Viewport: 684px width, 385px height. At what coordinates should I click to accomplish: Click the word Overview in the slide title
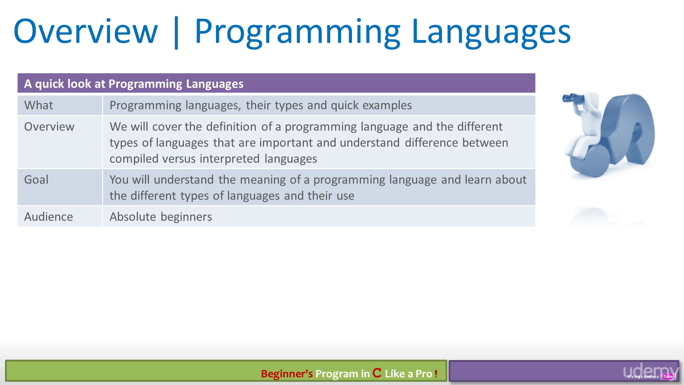point(85,31)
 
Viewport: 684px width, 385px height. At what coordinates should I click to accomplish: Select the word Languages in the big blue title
point(491,33)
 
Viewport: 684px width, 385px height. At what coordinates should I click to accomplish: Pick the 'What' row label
point(38,105)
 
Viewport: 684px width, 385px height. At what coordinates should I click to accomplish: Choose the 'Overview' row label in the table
point(49,127)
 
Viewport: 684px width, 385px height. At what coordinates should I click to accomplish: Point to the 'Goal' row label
point(36,179)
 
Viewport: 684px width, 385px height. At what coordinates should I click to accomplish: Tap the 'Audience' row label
point(48,217)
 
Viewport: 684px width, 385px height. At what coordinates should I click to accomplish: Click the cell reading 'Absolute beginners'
point(161,217)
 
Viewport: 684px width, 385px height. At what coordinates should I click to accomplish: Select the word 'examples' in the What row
point(387,106)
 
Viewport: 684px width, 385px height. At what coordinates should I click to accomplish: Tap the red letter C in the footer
point(377,373)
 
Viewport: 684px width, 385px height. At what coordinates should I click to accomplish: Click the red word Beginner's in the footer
point(287,374)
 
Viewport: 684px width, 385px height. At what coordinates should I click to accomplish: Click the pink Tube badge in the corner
point(668,376)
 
